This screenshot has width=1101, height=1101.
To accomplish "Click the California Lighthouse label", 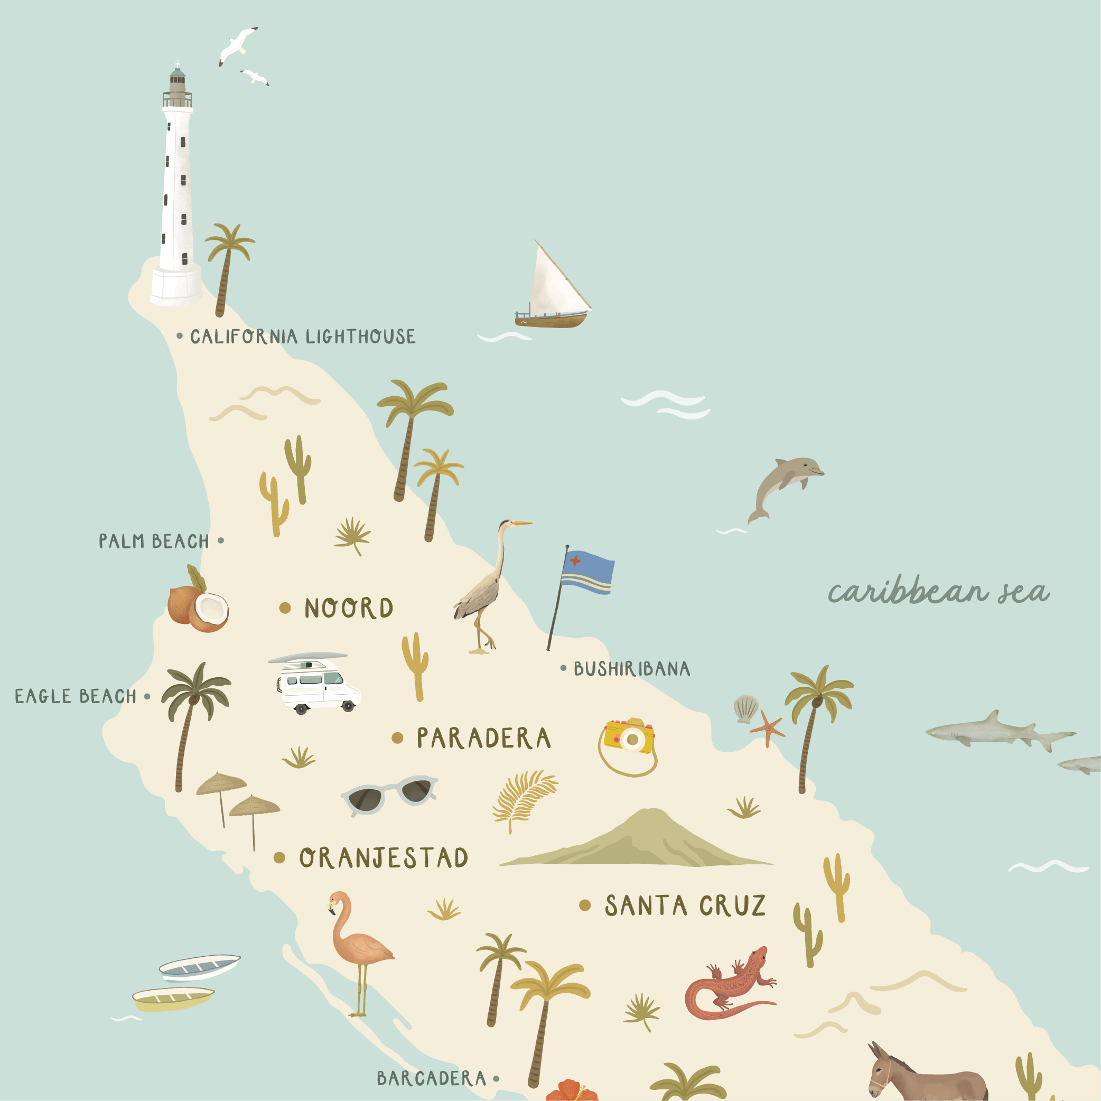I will [x=303, y=337].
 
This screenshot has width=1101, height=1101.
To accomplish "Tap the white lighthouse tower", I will [x=175, y=188].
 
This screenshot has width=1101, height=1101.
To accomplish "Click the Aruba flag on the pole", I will [x=587, y=572].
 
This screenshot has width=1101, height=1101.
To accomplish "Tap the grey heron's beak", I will [x=521, y=522].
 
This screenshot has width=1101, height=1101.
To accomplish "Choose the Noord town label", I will [x=348, y=608].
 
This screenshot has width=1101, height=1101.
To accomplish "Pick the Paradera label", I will [x=483, y=739].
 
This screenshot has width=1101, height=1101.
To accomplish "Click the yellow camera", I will [x=629, y=738].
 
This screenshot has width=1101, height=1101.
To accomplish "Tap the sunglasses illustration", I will [x=390, y=794].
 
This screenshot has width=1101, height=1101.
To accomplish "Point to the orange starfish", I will [x=767, y=729].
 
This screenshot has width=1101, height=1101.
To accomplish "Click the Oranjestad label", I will [x=384, y=858].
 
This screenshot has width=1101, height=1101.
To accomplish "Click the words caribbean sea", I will [x=938, y=592].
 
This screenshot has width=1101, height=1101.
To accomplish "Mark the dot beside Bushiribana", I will [x=563, y=668].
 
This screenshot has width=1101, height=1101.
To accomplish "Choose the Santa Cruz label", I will [x=685, y=906].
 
